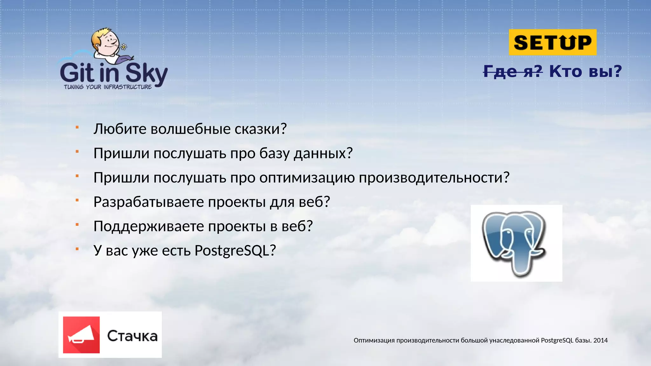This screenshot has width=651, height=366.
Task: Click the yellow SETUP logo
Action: (552, 42)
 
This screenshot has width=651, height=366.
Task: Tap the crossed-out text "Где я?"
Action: (513, 71)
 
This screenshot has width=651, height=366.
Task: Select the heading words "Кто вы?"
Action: (585, 71)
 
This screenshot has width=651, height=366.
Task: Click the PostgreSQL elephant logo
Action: (516, 243)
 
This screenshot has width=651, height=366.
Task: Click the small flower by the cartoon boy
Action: (124, 47)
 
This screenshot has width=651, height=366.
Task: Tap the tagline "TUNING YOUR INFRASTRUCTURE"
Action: (108, 87)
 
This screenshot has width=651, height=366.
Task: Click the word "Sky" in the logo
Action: (147, 74)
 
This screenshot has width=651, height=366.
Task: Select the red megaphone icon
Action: (81, 335)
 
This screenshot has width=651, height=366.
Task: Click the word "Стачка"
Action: (132, 336)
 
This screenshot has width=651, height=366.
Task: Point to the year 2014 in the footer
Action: (600, 340)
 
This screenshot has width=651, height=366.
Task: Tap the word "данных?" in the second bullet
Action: (323, 153)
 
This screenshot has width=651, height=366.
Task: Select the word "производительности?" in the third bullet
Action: (434, 178)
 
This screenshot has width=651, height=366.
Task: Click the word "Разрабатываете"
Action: (148, 202)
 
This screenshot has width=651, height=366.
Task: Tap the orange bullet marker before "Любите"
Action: (77, 127)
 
